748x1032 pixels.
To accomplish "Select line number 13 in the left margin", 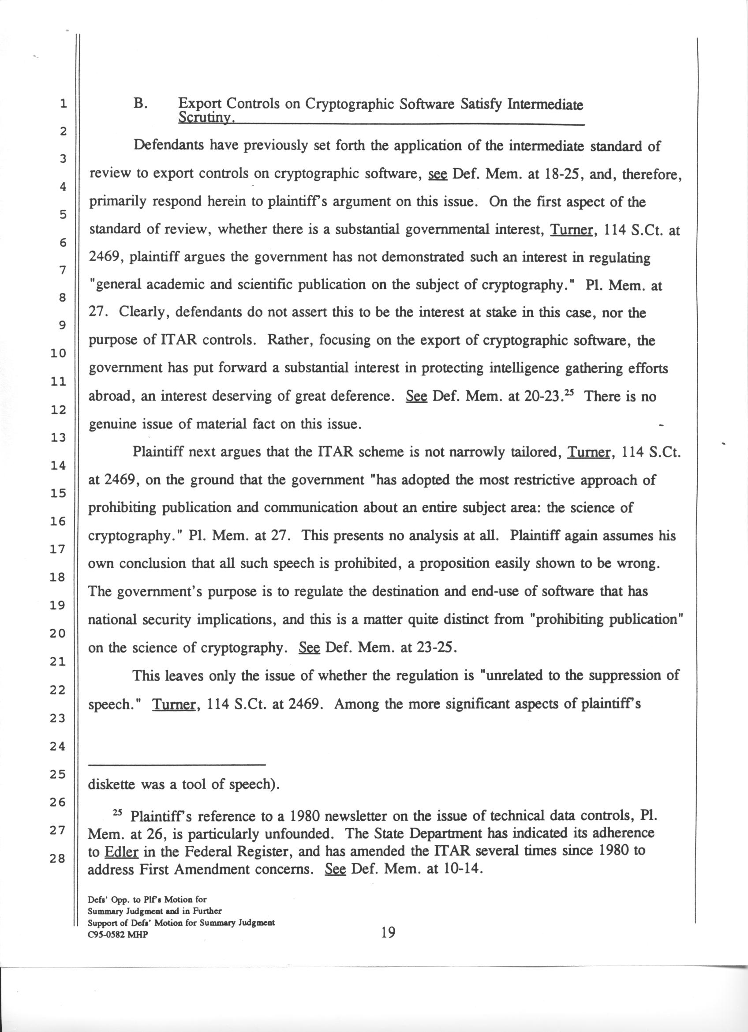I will (59, 438).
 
